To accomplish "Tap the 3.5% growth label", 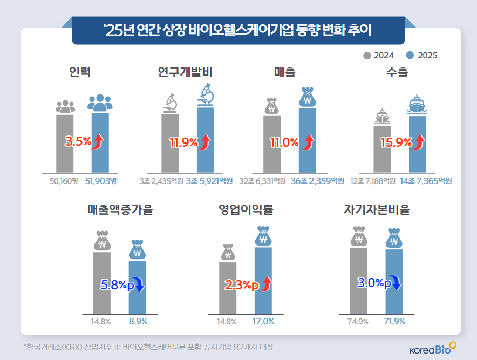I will click(77, 142).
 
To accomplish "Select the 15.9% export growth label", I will click(396, 142).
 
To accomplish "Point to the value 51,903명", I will click(101, 181).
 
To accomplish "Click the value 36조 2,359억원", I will click(317, 181).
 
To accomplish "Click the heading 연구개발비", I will click(186, 72).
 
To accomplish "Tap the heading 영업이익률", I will click(246, 209).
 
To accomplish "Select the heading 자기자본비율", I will click(377, 209).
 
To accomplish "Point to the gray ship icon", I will click(382, 117).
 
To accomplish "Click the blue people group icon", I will click(100, 103).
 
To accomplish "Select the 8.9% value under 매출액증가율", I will click(137, 321).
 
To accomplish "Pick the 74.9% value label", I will click(358, 321).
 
